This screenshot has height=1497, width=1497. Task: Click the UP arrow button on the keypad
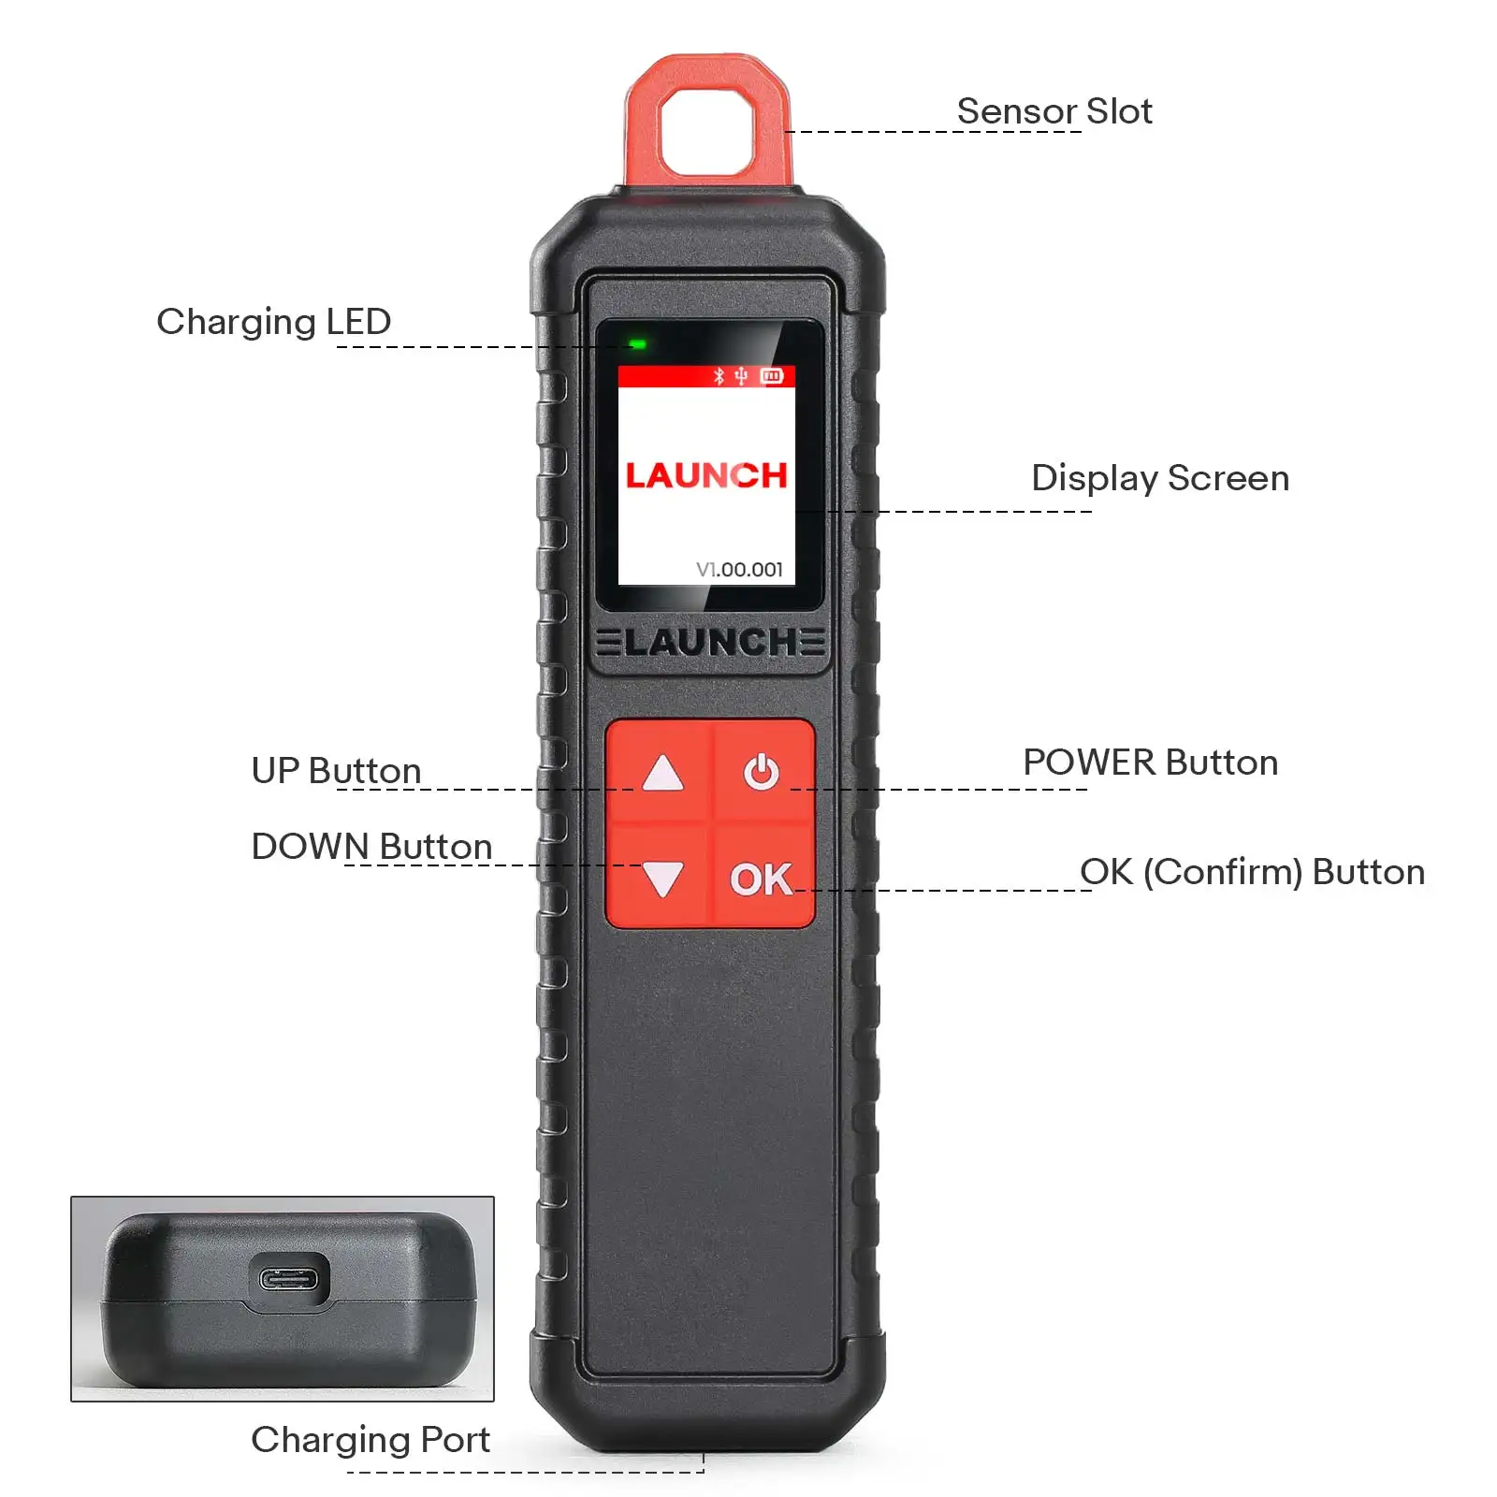tap(662, 773)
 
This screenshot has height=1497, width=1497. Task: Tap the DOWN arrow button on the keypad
tap(662, 879)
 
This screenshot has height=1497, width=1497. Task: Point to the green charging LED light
tap(638, 344)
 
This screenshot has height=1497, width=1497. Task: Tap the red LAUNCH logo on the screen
tap(706, 475)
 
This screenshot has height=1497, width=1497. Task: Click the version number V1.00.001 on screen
tap(739, 569)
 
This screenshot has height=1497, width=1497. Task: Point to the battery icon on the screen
tap(772, 376)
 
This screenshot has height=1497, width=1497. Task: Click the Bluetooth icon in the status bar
tap(719, 376)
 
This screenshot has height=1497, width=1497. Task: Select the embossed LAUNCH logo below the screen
tap(710, 643)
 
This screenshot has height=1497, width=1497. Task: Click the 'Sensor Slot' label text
tap(1054, 111)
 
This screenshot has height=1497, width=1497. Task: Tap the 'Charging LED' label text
tap(273, 322)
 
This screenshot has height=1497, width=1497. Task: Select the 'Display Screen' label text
tap(1159, 478)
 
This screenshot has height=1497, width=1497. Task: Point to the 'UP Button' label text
tap(336, 771)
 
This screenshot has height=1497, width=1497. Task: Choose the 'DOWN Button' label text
tap(371, 847)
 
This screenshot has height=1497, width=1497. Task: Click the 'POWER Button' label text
tap(1150, 763)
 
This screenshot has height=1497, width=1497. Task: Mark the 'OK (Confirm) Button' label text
tap(1252, 872)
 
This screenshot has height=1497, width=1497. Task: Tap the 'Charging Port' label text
tap(371, 1439)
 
